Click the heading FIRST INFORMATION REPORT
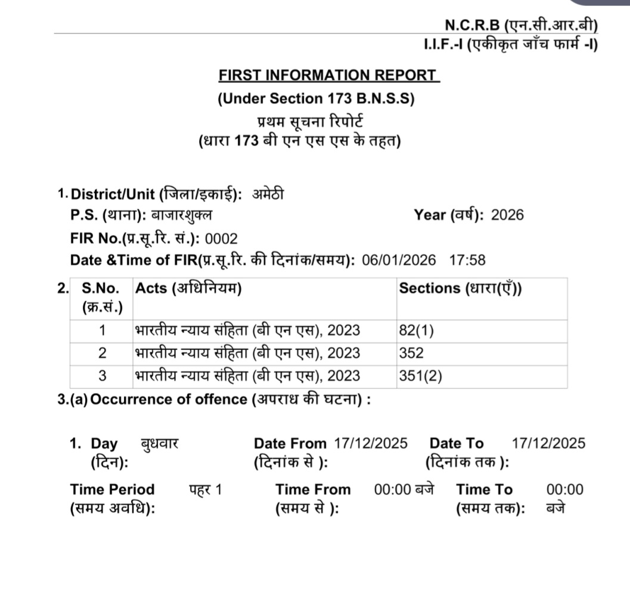tap(328, 76)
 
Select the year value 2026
tap(507, 215)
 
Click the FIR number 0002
tap(221, 239)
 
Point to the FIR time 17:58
tap(467, 261)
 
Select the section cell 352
tap(411, 353)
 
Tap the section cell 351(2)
tap(420, 376)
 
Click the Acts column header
tap(188, 288)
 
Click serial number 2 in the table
tap(102, 353)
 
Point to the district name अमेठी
tap(269, 194)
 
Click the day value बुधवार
tap(160, 444)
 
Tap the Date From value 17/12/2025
tap(371, 444)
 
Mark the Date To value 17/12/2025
tap(548, 444)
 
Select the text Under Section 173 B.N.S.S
tap(315, 98)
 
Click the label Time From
tap(313, 490)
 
